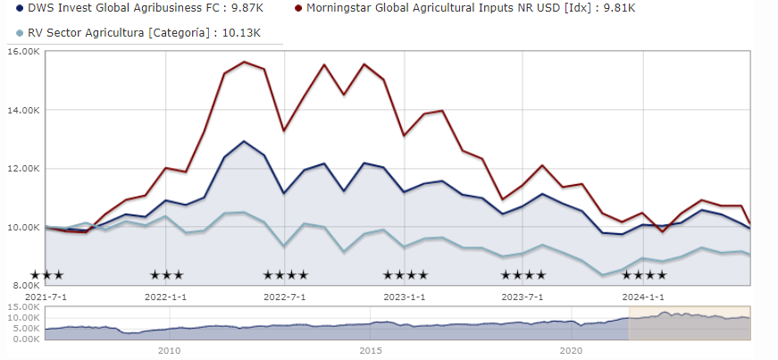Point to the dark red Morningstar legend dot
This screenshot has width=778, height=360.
pos(298,10)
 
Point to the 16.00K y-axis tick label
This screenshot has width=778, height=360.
pos(21,51)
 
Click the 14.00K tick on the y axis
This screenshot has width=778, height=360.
pos(21,110)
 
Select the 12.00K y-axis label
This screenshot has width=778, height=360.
pos(21,168)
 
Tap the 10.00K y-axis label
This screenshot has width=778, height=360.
pos(21,227)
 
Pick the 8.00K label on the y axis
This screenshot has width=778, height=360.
pos(24,285)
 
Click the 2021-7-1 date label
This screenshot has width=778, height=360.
pos(46,297)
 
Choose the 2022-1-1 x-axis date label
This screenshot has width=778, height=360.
pos(166,297)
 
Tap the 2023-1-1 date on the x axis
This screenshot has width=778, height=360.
pos(406,297)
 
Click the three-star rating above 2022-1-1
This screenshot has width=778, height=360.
pos(166,275)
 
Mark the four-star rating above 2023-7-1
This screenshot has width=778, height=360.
pos(523,275)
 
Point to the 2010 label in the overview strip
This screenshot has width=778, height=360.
pos(170,350)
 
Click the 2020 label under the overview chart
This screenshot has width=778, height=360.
pos(572,350)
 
